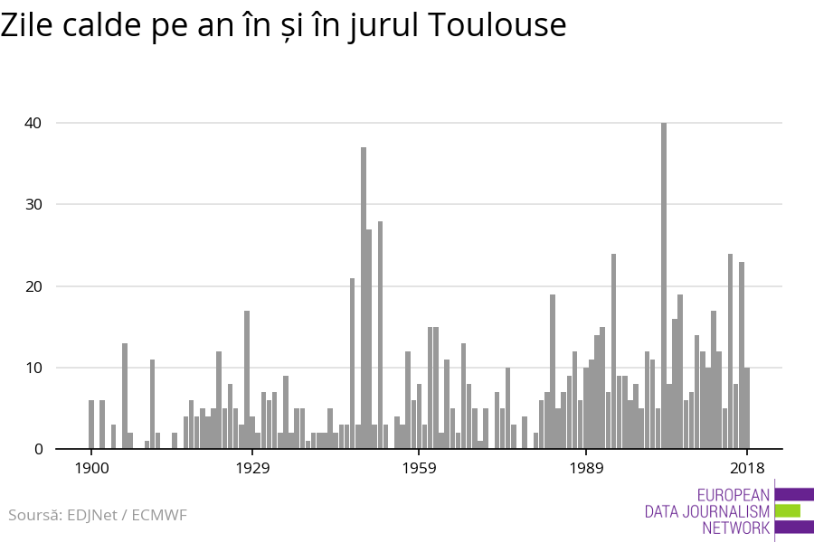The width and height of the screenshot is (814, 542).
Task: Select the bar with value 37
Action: coord(364,298)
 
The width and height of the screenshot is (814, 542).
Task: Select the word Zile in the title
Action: coord(31,25)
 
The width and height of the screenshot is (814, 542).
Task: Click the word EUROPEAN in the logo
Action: coord(734,495)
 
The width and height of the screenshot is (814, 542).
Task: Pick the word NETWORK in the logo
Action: coord(735,528)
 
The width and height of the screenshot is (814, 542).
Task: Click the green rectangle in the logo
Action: coord(788,511)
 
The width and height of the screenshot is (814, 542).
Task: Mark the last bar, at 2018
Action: coord(747,408)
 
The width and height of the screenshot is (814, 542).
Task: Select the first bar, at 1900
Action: coord(91,425)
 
